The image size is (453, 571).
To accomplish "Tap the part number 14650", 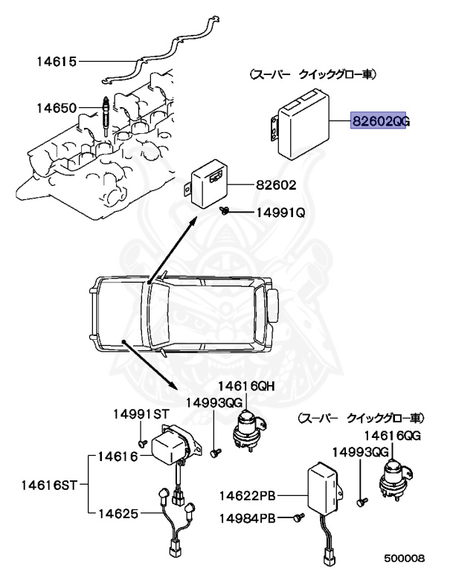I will coord(57,109).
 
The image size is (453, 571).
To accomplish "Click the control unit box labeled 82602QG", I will coord(308,130).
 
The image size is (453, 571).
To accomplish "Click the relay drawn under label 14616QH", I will coord(247,429).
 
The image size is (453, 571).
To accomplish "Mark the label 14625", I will coord(120,513).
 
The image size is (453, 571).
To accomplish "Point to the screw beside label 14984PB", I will coord(300,516).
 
